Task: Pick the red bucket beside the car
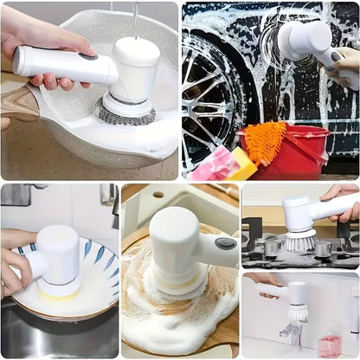pos(299,156)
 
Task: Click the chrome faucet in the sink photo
pos(290,333)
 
